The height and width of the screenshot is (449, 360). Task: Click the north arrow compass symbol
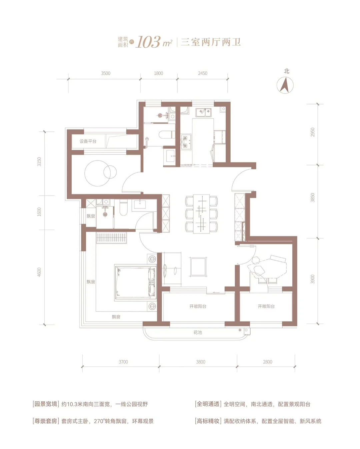coord(285,85)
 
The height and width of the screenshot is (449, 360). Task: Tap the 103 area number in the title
coord(148,42)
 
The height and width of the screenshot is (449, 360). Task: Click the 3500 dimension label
coord(106,73)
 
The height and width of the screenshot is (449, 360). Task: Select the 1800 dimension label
coord(158,73)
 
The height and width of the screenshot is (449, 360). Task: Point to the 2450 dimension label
coord(203,73)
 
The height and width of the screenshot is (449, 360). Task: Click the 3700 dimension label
coord(123,362)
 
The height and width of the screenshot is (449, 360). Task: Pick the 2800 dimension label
coord(267,362)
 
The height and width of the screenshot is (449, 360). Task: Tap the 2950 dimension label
coord(312,132)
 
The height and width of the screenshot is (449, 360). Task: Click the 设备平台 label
coord(88,141)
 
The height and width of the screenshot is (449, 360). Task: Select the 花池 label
coord(198,332)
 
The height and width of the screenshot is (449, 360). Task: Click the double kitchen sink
coord(203,112)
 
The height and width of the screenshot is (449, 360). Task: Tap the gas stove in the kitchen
coord(186,141)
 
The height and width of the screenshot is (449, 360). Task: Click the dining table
coord(201,214)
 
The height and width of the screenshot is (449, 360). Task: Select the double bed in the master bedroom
coord(135,283)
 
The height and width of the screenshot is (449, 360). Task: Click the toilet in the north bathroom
coord(167,134)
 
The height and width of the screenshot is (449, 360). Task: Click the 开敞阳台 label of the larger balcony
coord(198,307)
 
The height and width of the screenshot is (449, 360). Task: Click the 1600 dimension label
coord(39,212)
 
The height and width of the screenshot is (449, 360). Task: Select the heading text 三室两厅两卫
coord(211,42)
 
